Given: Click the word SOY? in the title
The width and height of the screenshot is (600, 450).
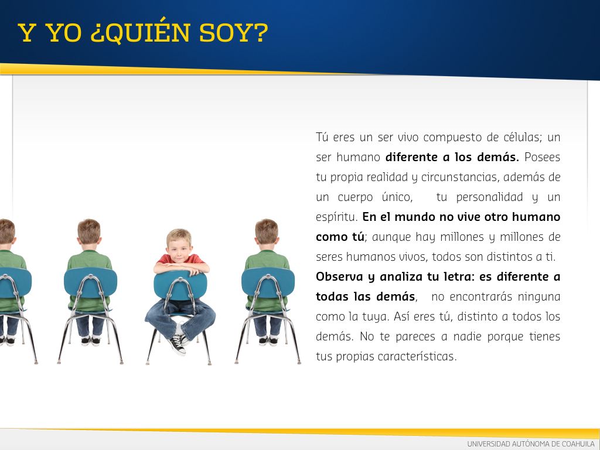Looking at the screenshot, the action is pyautogui.click(x=233, y=33).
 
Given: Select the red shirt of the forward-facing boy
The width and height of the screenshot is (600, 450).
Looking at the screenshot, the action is pyautogui.click(x=180, y=260).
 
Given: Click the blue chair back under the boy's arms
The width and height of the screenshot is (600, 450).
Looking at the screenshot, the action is pyautogui.click(x=180, y=285).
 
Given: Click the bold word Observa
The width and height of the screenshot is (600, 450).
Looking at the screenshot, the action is pyautogui.click(x=339, y=277).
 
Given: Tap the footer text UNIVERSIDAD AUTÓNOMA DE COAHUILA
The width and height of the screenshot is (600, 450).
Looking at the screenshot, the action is pyautogui.click(x=531, y=444).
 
